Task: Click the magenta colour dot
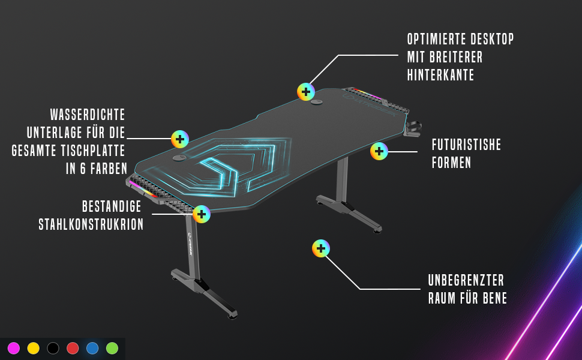point(14,348)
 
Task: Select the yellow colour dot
point(34,348)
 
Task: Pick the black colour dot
point(53,348)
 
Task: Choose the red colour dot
point(73,348)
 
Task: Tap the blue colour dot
point(92,348)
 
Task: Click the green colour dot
point(112,348)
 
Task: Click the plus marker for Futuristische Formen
point(379,151)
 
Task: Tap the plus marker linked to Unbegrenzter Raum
point(321,248)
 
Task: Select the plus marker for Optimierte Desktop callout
point(306,92)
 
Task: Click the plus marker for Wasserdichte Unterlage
point(180,139)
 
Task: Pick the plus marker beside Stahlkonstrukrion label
point(202,214)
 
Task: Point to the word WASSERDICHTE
point(88,115)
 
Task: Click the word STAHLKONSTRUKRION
point(91,224)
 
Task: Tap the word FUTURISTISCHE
point(466,145)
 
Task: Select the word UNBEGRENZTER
point(466,280)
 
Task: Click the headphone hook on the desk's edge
point(414,128)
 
